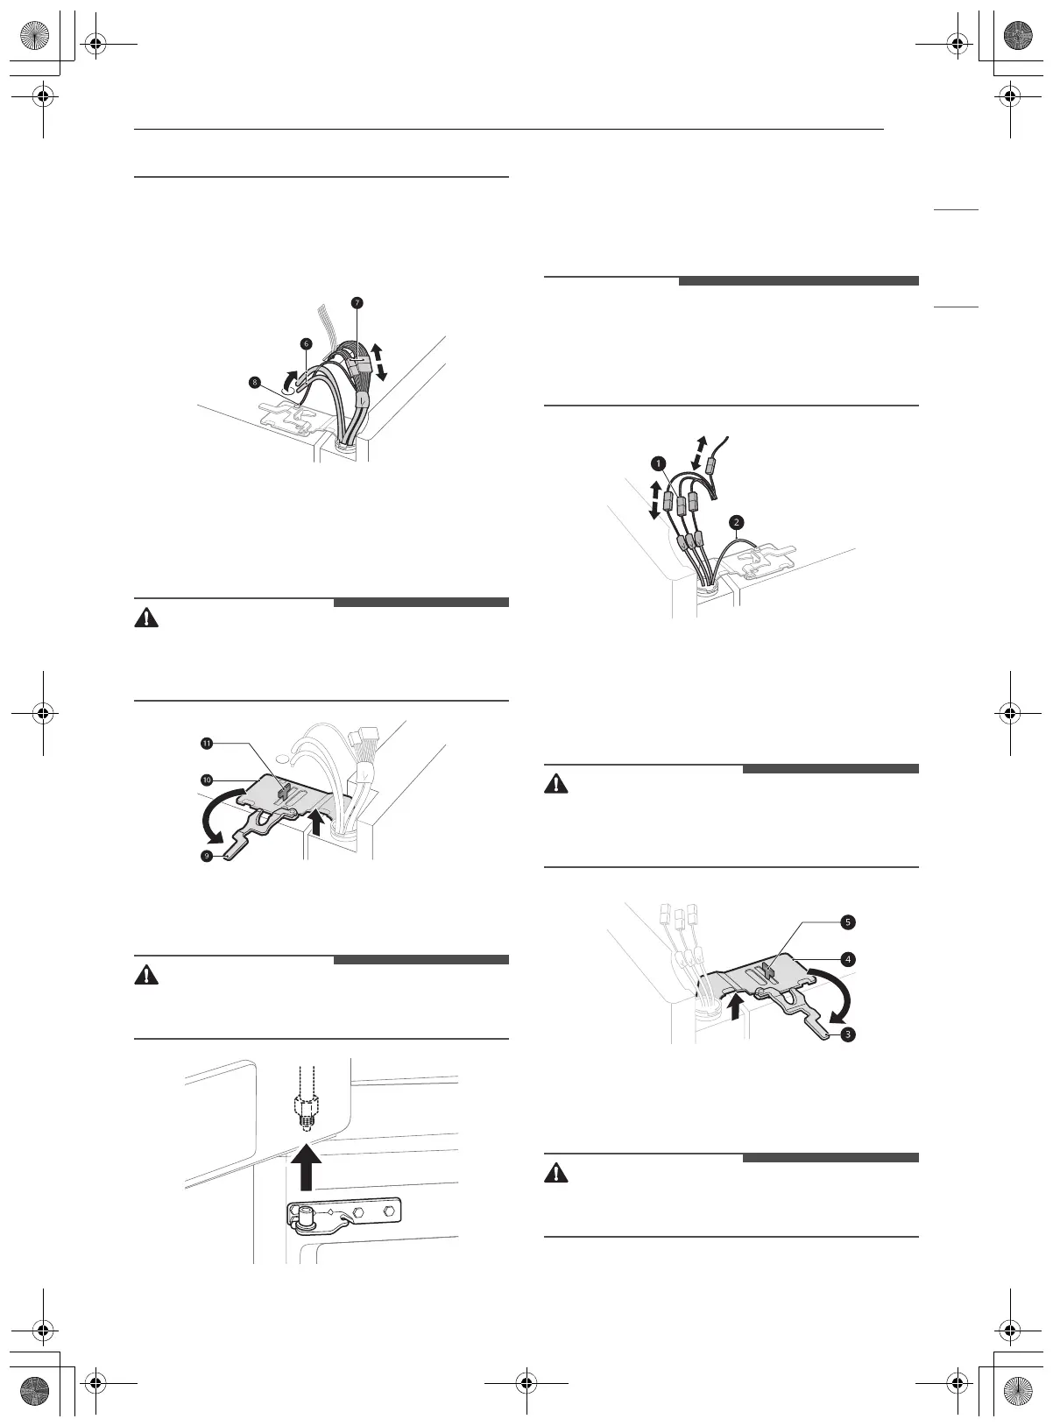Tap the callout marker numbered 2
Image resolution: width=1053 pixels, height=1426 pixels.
pyautogui.click(x=737, y=523)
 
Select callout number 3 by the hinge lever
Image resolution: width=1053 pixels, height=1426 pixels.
pyautogui.click(x=848, y=1034)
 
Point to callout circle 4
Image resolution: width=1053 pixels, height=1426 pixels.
pyautogui.click(x=848, y=959)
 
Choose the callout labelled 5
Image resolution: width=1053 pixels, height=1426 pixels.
pyautogui.click(x=848, y=921)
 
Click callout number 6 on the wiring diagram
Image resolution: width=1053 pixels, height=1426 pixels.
pyautogui.click(x=306, y=344)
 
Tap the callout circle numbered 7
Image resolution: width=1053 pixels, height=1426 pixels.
pyautogui.click(x=357, y=303)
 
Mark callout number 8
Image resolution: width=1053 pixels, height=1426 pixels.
pyautogui.click(x=254, y=382)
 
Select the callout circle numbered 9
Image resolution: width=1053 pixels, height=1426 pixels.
pyautogui.click(x=207, y=856)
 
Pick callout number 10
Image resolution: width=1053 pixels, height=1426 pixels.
pyautogui.click(x=207, y=779)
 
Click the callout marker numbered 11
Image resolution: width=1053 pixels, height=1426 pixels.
pyautogui.click(x=207, y=743)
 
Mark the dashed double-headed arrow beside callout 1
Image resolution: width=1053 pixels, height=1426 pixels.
pyautogui.click(x=654, y=498)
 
